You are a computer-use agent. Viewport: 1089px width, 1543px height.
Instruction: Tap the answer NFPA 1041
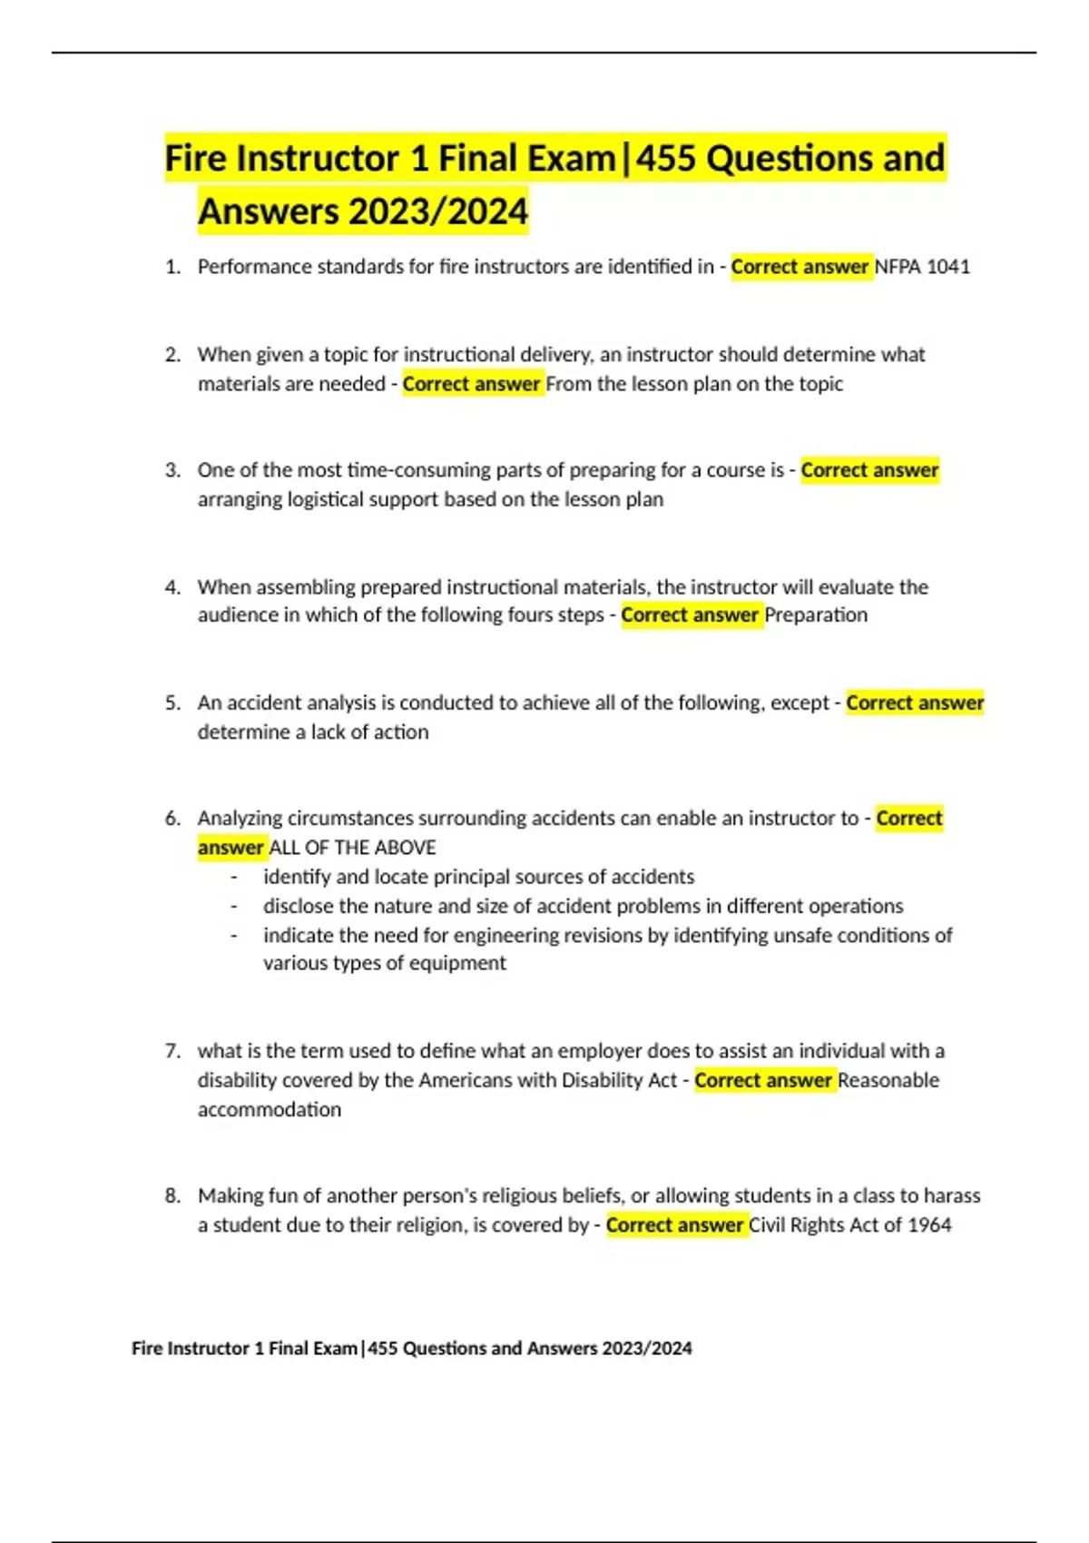[922, 267]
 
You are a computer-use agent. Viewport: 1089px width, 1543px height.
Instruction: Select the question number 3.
[172, 470]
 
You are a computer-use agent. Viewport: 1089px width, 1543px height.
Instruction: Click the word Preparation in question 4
[816, 615]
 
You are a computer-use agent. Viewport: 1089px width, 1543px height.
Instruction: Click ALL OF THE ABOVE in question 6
[352, 848]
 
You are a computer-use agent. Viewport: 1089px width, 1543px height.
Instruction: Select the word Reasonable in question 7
[888, 1080]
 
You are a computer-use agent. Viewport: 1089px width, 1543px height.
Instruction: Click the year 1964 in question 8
[929, 1225]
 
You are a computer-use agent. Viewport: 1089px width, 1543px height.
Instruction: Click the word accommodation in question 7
[270, 1109]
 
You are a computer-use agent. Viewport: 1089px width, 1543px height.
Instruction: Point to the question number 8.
[172, 1195]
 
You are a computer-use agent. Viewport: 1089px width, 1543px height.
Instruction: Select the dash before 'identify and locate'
[234, 877]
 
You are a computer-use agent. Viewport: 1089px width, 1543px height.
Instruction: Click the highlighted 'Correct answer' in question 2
[472, 384]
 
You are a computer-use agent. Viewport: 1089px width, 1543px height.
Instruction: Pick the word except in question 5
[800, 703]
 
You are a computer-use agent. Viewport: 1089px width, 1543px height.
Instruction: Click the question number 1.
[172, 267]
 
